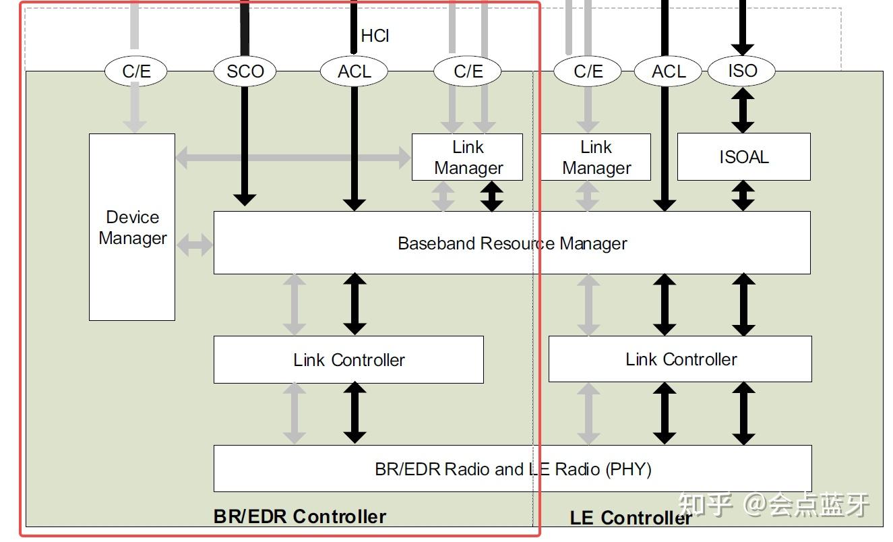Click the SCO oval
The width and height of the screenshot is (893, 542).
[x=245, y=71]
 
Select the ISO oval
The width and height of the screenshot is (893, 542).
[x=742, y=71]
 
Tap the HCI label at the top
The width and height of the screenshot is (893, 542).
[x=375, y=36]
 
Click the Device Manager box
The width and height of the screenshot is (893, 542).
[x=132, y=227]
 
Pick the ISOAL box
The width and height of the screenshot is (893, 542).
[x=744, y=157]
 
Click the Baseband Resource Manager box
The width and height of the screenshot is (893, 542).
[x=512, y=243]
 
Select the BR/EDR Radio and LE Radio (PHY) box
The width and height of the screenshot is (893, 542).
[x=513, y=469]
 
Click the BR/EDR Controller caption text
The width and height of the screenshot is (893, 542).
[x=300, y=516]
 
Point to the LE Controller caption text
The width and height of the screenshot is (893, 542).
[x=631, y=518]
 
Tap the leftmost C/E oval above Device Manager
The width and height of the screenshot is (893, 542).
[x=136, y=71]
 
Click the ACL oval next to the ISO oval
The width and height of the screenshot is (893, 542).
[x=668, y=71]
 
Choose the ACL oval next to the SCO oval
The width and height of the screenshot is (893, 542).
[x=354, y=71]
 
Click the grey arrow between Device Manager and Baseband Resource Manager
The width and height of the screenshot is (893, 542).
[x=195, y=245]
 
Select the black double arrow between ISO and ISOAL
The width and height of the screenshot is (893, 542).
[x=742, y=110]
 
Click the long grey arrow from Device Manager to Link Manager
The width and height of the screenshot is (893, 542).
[x=293, y=158]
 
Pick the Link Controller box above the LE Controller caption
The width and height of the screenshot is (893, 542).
[x=680, y=359]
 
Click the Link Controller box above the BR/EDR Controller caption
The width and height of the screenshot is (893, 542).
[x=349, y=359]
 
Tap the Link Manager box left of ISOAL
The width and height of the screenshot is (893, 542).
[x=596, y=157]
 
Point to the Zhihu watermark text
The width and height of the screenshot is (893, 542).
[x=774, y=505]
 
